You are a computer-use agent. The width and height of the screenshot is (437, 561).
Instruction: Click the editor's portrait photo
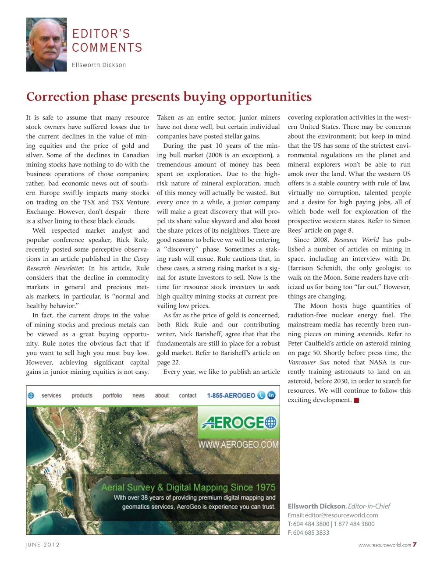pyautogui.click(x=46, y=45)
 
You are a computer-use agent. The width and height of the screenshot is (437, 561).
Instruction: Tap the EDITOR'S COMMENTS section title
pyautogui.click(x=107, y=41)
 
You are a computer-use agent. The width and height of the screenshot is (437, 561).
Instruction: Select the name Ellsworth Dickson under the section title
pyautogui.click(x=99, y=65)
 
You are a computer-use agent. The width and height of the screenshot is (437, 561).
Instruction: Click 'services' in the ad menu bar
pyautogui.click(x=51, y=395)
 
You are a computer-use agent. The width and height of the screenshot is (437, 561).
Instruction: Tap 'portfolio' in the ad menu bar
pyautogui.click(x=112, y=395)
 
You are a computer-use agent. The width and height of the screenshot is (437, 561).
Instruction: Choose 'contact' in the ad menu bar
pyautogui.click(x=188, y=395)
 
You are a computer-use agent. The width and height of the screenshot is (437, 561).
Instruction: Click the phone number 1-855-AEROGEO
pyautogui.click(x=231, y=395)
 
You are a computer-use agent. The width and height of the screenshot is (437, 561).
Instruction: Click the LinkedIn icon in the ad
pyautogui.click(x=271, y=395)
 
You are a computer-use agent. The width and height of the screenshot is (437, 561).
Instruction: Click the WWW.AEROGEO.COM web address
pyautogui.click(x=238, y=444)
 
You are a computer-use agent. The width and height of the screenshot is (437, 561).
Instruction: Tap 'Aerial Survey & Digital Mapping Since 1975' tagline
pyautogui.click(x=188, y=487)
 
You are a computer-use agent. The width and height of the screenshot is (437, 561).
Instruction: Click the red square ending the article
pyautogui.click(x=356, y=400)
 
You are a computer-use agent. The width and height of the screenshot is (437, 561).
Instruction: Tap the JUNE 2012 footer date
pyautogui.click(x=43, y=545)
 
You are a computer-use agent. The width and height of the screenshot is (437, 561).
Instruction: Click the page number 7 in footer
pyautogui.click(x=414, y=545)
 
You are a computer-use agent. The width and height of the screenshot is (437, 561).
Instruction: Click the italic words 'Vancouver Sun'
pyautogui.click(x=309, y=362)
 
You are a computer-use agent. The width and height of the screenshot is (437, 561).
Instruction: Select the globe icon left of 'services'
pyautogui.click(x=31, y=395)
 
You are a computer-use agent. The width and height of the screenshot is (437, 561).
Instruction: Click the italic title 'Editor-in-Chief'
pyautogui.click(x=369, y=506)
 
